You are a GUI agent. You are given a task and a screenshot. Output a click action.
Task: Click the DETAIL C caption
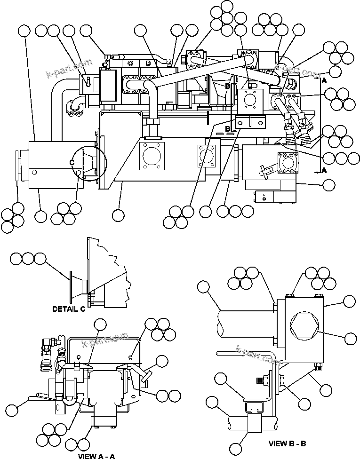pyautogui.click(x=69, y=309)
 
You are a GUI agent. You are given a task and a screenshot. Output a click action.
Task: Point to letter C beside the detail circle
pyautogui.click(x=72, y=162)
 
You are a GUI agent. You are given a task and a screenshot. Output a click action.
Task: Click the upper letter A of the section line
pyautogui.click(x=324, y=81)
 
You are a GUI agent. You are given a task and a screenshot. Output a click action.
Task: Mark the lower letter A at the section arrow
pyautogui.click(x=324, y=170)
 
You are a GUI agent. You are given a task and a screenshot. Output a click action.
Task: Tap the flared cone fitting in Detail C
pyautogui.click(x=78, y=286)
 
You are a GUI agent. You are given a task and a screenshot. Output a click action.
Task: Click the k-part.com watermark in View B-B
pyautogui.click(x=259, y=356)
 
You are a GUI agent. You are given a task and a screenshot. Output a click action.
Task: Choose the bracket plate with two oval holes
pyautogui.click(x=251, y=122)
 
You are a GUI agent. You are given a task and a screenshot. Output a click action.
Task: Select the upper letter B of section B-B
pyautogui.click(x=228, y=87)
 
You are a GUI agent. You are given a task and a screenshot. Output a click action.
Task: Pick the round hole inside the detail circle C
pyautogui.click(x=77, y=173)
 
